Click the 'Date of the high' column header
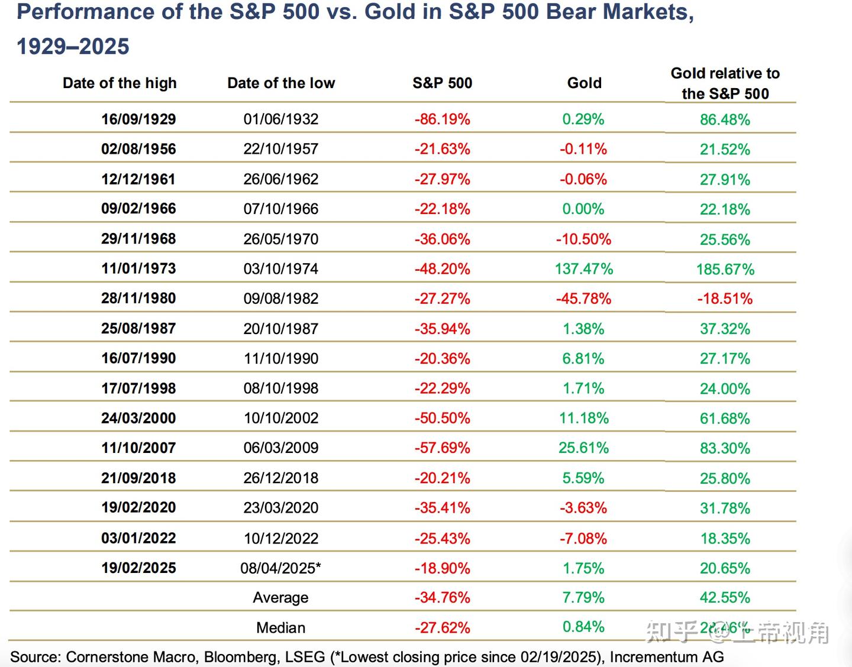[x=120, y=83]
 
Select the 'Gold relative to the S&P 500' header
[x=725, y=83]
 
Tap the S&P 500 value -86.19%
[x=442, y=119]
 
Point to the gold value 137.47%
[x=583, y=268]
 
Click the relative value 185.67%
[x=725, y=269]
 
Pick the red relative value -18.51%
[x=725, y=299]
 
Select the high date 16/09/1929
[x=138, y=119]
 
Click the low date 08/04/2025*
[x=280, y=568]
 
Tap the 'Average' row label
[x=280, y=597]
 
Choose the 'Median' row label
[x=280, y=627]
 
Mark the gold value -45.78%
[x=583, y=299]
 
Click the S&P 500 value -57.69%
[x=442, y=448]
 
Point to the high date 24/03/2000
[x=138, y=418]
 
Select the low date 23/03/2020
[x=280, y=507]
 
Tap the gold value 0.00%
[x=583, y=209]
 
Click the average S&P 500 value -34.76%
[x=442, y=597]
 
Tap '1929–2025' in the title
[x=73, y=46]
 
